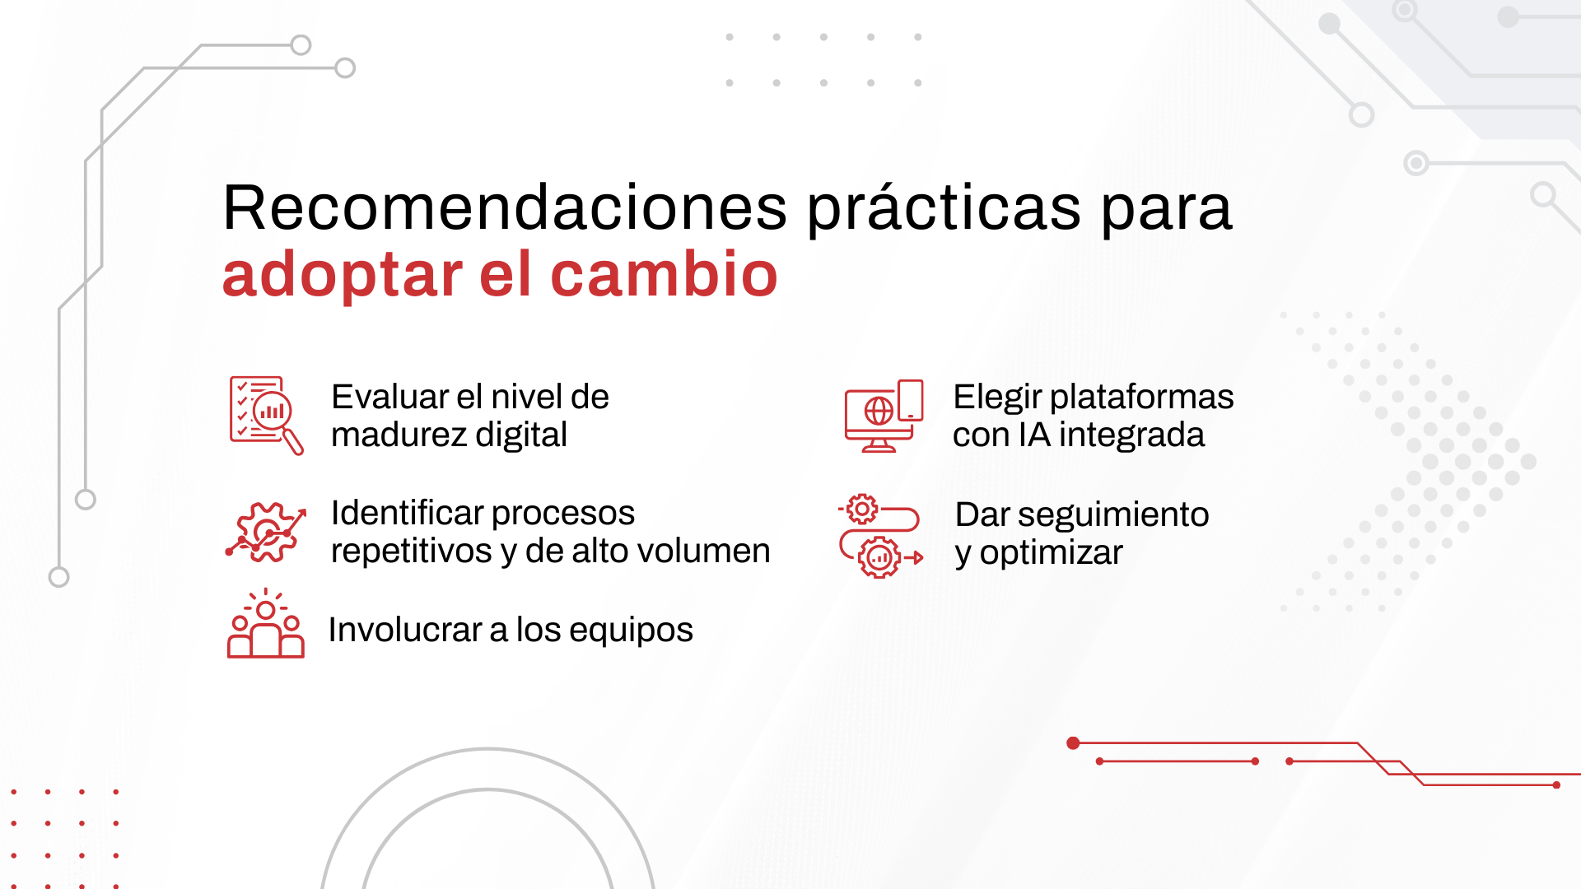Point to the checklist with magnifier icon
point(266,415)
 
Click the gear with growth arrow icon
point(266,532)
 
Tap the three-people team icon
point(265,624)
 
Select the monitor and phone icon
point(884,416)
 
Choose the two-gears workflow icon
point(880,536)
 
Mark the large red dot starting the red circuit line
point(1073,743)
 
